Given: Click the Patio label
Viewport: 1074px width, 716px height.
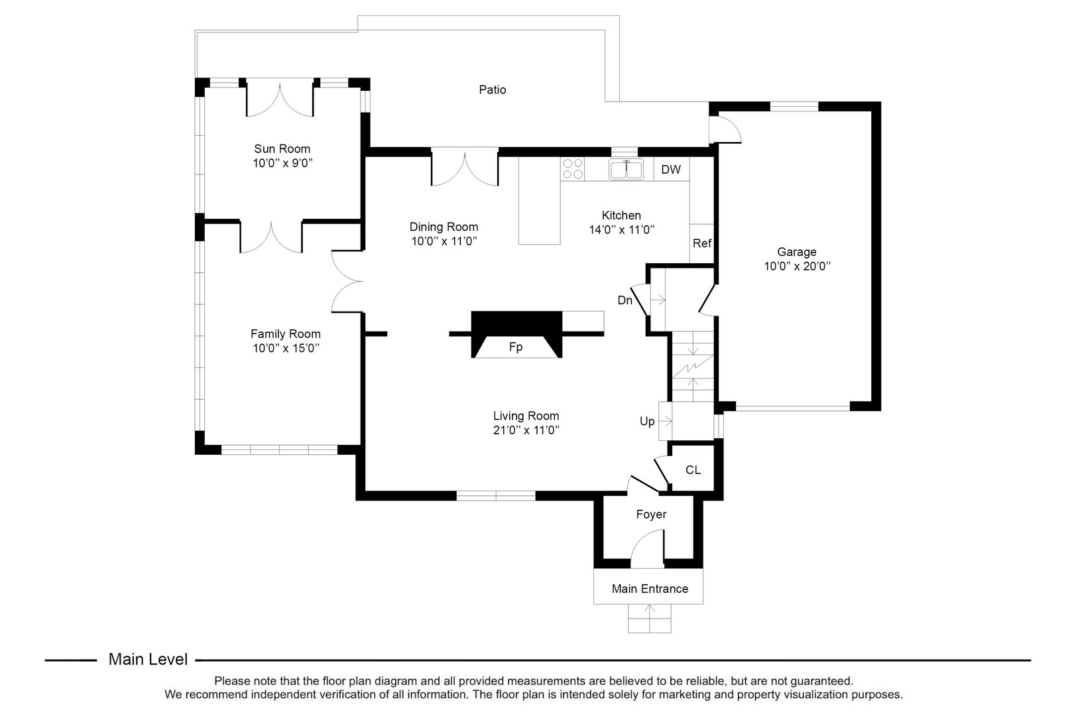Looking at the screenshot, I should tap(493, 89).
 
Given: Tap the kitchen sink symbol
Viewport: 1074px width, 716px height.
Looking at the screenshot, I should tap(626, 170).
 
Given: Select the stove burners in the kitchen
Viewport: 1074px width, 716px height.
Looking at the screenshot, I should tap(573, 168).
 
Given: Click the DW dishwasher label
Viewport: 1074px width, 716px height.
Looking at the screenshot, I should tap(671, 170).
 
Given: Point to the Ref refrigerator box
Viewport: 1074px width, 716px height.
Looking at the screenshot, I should tap(701, 243).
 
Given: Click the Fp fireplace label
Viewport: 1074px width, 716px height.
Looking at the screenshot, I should tap(516, 347).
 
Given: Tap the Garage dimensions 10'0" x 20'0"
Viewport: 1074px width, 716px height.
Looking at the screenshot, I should tap(797, 267).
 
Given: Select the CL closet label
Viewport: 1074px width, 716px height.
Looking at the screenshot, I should tap(693, 470).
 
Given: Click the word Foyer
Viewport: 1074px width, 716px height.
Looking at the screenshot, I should tap(651, 514).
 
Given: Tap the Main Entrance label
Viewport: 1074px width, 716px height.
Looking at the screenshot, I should tap(650, 589).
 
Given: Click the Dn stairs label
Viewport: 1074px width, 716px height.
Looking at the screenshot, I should tap(625, 300).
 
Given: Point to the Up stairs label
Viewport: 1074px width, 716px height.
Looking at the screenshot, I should tap(647, 422).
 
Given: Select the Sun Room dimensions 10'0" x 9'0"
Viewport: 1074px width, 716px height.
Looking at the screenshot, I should tap(282, 163).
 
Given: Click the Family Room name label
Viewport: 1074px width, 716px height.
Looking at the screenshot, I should tap(285, 334).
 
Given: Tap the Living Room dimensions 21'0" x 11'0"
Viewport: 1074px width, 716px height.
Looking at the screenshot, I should tap(526, 430).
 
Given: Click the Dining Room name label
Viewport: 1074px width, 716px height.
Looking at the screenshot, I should tap(444, 227).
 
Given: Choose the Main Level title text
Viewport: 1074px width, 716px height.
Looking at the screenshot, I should tap(148, 660).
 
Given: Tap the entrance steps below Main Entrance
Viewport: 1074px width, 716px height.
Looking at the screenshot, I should tap(650, 619).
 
